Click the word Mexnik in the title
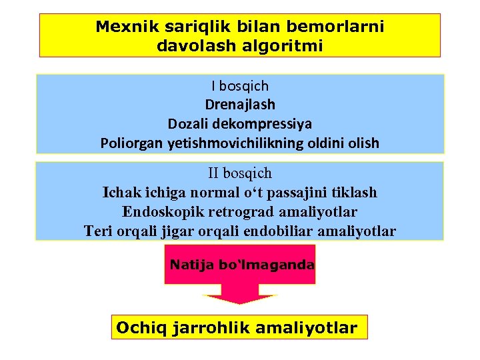point(122,27)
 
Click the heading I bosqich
point(240,85)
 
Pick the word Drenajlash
point(240,105)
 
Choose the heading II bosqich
point(240,173)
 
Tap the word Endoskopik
point(161,212)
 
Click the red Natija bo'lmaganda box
point(241,265)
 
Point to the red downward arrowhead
point(239,297)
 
